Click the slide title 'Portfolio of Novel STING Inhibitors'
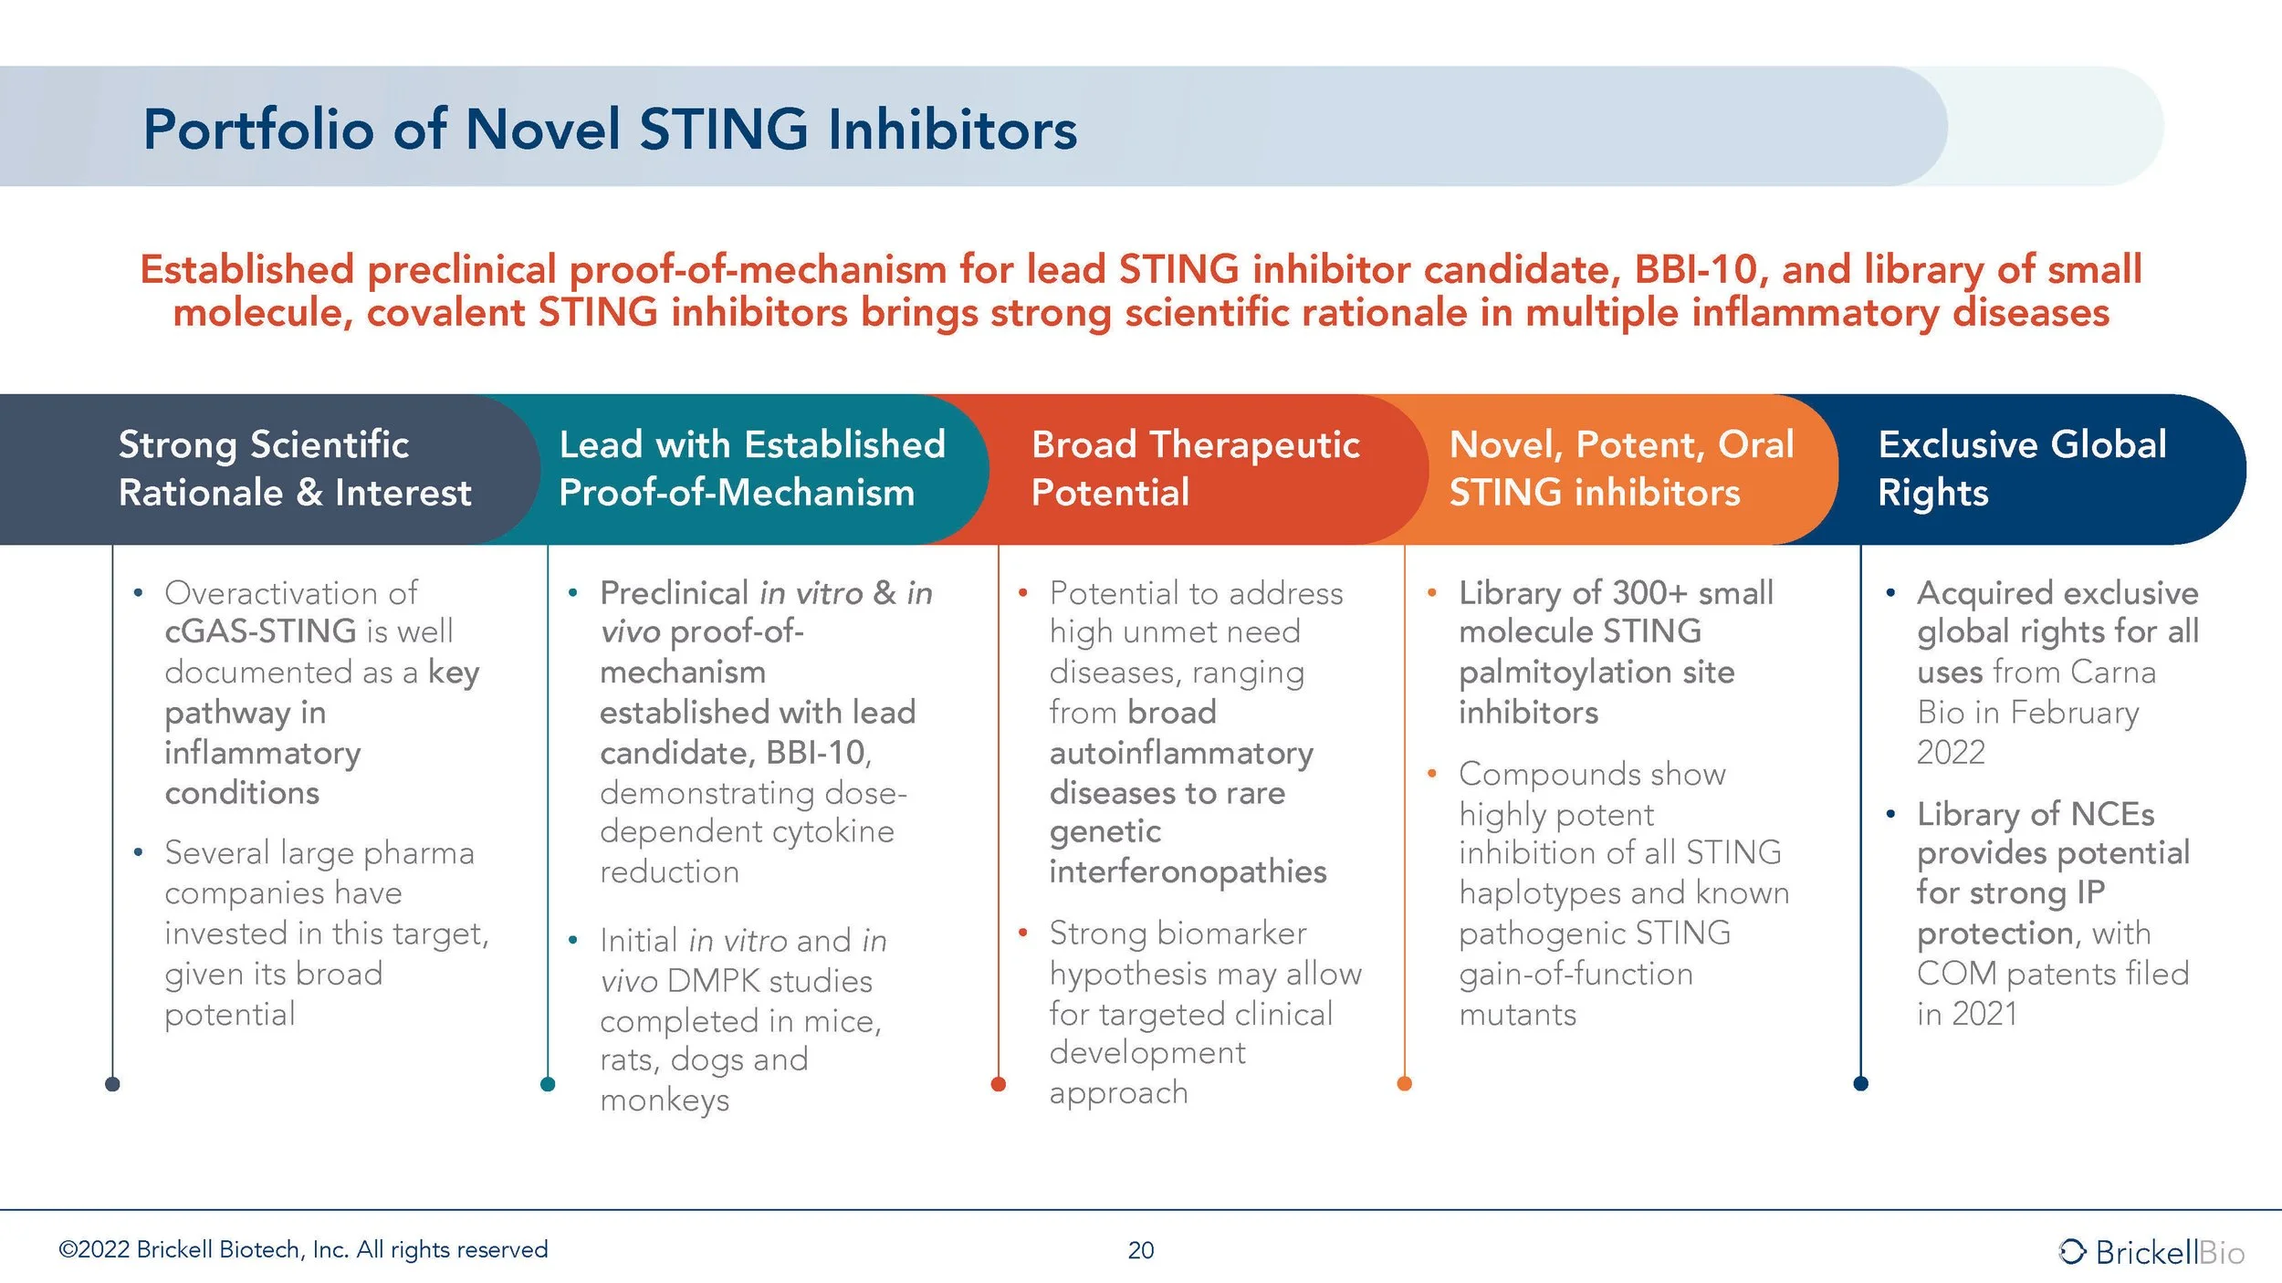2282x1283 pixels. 610,129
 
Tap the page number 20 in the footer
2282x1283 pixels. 1141,1250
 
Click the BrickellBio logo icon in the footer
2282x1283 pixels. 2072,1251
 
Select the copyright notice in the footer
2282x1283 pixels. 303,1249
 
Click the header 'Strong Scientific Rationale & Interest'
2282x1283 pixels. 295,468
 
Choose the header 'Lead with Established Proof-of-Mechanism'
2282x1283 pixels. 751,468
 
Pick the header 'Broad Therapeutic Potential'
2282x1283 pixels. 1195,468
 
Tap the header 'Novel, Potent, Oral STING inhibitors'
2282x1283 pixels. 1621,468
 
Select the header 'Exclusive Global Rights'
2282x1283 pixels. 2022,468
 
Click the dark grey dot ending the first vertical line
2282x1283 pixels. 112,1084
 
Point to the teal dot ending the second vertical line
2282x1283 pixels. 548,1084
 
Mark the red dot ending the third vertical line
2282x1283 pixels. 999,1084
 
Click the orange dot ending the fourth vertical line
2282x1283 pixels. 1405,1083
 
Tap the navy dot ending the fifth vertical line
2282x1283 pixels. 1861,1083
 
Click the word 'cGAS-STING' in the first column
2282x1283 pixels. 260,631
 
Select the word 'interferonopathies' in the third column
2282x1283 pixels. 1188,872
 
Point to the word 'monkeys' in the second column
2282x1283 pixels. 665,1100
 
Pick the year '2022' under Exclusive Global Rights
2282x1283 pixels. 1951,753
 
